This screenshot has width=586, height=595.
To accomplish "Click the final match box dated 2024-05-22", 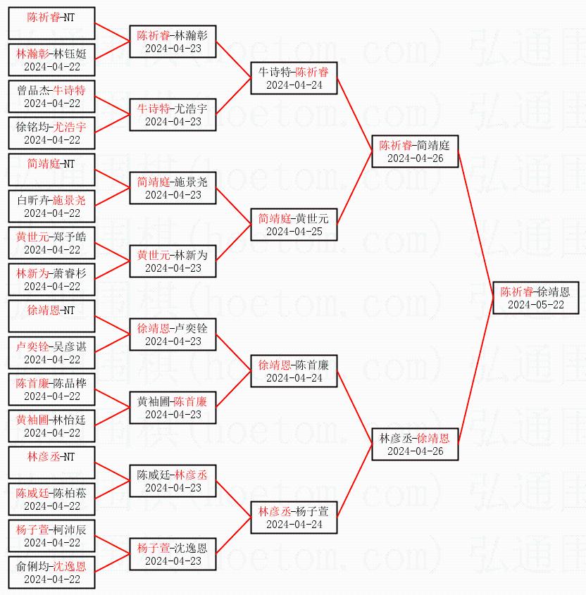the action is coord(535,298).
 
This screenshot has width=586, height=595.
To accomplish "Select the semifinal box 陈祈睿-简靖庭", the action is coord(415,151).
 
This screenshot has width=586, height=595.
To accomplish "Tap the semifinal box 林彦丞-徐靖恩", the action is coord(415,444).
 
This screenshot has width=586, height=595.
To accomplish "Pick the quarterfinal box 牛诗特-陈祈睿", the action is coord(294,78).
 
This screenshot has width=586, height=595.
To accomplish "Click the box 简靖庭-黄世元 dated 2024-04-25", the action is coord(294,225).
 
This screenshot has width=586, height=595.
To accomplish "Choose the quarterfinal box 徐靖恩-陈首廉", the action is coord(294,371).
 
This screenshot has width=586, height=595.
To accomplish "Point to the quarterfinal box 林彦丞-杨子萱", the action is coord(294,518).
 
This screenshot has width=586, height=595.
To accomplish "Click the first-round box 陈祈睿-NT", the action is coord(51,23).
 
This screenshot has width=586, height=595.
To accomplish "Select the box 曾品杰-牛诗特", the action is coord(51,96).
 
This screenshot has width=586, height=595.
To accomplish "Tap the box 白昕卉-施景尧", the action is coord(51,206).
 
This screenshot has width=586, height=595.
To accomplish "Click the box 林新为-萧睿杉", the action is coord(51,280).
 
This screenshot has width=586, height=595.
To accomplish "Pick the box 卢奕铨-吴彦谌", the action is coord(51,353).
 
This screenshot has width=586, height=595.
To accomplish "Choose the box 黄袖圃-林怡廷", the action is coord(51,426).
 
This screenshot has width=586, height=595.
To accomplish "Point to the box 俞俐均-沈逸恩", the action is coord(51,572).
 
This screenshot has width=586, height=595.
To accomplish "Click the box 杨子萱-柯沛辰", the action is coord(51,536).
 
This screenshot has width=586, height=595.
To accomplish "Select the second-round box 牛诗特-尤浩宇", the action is coord(173,115).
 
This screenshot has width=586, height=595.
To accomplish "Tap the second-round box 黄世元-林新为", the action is coord(173,261).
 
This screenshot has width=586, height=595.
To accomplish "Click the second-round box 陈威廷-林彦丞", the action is coord(173,481).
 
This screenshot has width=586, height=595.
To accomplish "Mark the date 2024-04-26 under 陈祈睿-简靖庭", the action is coord(415,158).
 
